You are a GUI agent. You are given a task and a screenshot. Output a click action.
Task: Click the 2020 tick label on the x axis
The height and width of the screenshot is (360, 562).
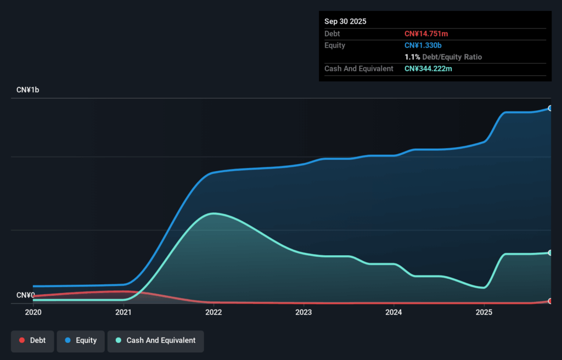click(33, 312)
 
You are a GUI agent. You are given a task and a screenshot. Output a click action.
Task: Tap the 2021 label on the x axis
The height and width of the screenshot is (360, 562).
click(123, 312)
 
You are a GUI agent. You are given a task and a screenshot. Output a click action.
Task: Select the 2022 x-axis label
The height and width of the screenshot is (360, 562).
click(213, 312)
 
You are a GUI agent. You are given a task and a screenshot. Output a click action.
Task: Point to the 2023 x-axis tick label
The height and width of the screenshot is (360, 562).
click(304, 312)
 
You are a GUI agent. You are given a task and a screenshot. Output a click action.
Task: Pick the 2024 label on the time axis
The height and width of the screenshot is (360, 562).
click(394, 312)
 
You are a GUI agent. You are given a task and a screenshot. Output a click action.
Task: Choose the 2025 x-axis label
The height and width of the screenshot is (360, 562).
click(484, 312)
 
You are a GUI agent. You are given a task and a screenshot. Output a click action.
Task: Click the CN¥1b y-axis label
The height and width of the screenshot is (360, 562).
click(27, 89)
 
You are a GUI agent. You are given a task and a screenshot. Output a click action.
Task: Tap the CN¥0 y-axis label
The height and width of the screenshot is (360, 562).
click(26, 295)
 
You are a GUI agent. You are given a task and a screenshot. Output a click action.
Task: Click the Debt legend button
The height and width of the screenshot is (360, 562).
click(33, 341)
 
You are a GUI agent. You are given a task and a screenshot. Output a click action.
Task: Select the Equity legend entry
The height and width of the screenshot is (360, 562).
click(81, 341)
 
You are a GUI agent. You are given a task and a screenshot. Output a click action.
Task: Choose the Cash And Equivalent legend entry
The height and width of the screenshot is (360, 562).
click(155, 341)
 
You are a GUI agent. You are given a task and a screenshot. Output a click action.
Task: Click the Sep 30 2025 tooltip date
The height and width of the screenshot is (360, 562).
click(345, 21)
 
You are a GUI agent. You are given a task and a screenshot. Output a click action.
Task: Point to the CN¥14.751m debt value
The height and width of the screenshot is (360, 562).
click(426, 34)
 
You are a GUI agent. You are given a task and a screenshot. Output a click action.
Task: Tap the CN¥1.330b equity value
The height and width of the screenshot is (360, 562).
click(423, 46)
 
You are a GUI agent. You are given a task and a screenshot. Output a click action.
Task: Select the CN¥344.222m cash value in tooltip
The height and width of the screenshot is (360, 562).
click(428, 69)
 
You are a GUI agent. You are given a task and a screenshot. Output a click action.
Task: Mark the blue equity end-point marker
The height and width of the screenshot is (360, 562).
click(550, 108)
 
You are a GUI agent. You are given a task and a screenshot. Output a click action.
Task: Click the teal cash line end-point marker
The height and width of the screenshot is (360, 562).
click(550, 253)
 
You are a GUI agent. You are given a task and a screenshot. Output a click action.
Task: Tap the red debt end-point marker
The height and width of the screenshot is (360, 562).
click(550, 301)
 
